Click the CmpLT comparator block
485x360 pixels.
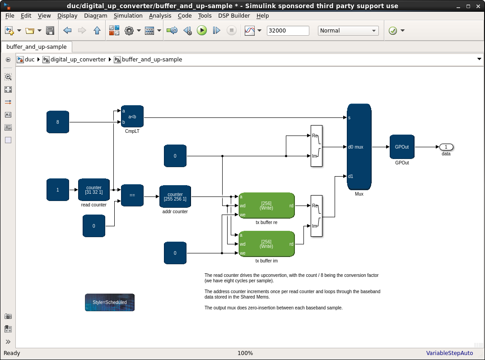132,117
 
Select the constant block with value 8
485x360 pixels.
58,122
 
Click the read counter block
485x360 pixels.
94,190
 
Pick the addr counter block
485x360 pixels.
175,196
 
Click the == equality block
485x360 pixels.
132,196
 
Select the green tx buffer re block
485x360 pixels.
266,206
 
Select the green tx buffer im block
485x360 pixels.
266,244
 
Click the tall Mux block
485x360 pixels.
359,147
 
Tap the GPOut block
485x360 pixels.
402,147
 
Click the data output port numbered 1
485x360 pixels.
446,147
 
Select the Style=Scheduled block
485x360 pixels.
110,302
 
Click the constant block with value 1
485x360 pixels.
58,190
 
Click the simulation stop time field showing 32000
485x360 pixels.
288,31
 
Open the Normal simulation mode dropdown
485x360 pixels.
348,31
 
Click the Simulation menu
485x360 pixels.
128,15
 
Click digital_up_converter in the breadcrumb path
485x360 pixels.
78,59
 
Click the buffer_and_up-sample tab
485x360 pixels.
37,47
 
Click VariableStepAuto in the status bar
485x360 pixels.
449,353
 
